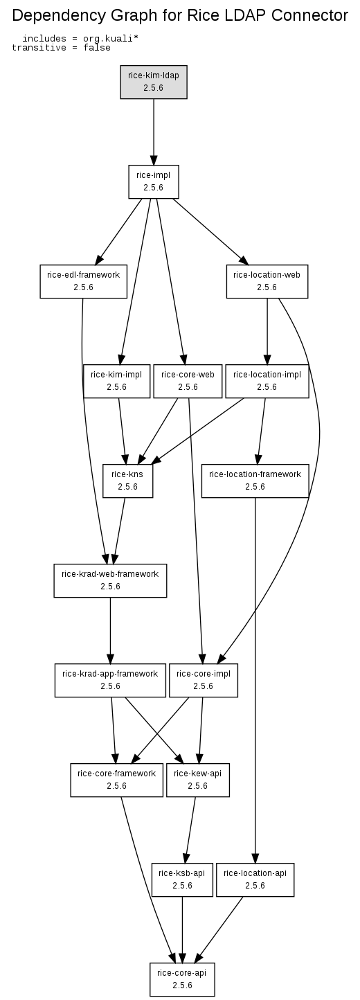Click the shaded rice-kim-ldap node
pyautogui.click(x=154, y=82)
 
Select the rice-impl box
pyautogui.click(x=154, y=181)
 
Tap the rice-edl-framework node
pyautogui.click(x=83, y=281)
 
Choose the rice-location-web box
pyautogui.click(x=267, y=281)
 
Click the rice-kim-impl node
pyautogui.click(x=116, y=381)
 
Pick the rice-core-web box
pyautogui.click(x=188, y=381)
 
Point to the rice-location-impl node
pyautogui.click(x=267, y=381)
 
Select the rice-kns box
pyautogui.click(x=127, y=481)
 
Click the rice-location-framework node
pyautogui.click(x=255, y=481)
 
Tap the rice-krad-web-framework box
pyautogui.click(x=110, y=580)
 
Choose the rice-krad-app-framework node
pyautogui.click(x=110, y=680)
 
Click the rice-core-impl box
pyautogui.click(x=204, y=680)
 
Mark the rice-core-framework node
pyautogui.click(x=116, y=780)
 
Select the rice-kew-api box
pyautogui.click(x=197, y=780)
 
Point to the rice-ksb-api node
pyautogui.click(x=182, y=880)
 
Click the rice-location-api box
pyautogui.click(x=255, y=880)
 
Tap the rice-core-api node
pyautogui.click(x=182, y=979)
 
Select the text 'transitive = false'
pyautogui.click(x=61, y=48)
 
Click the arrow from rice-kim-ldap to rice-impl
pyautogui.click(x=154, y=132)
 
